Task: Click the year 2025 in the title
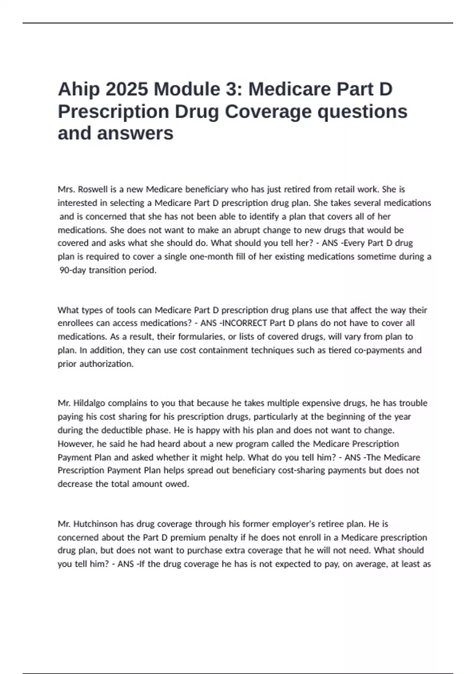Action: pos(127,90)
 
